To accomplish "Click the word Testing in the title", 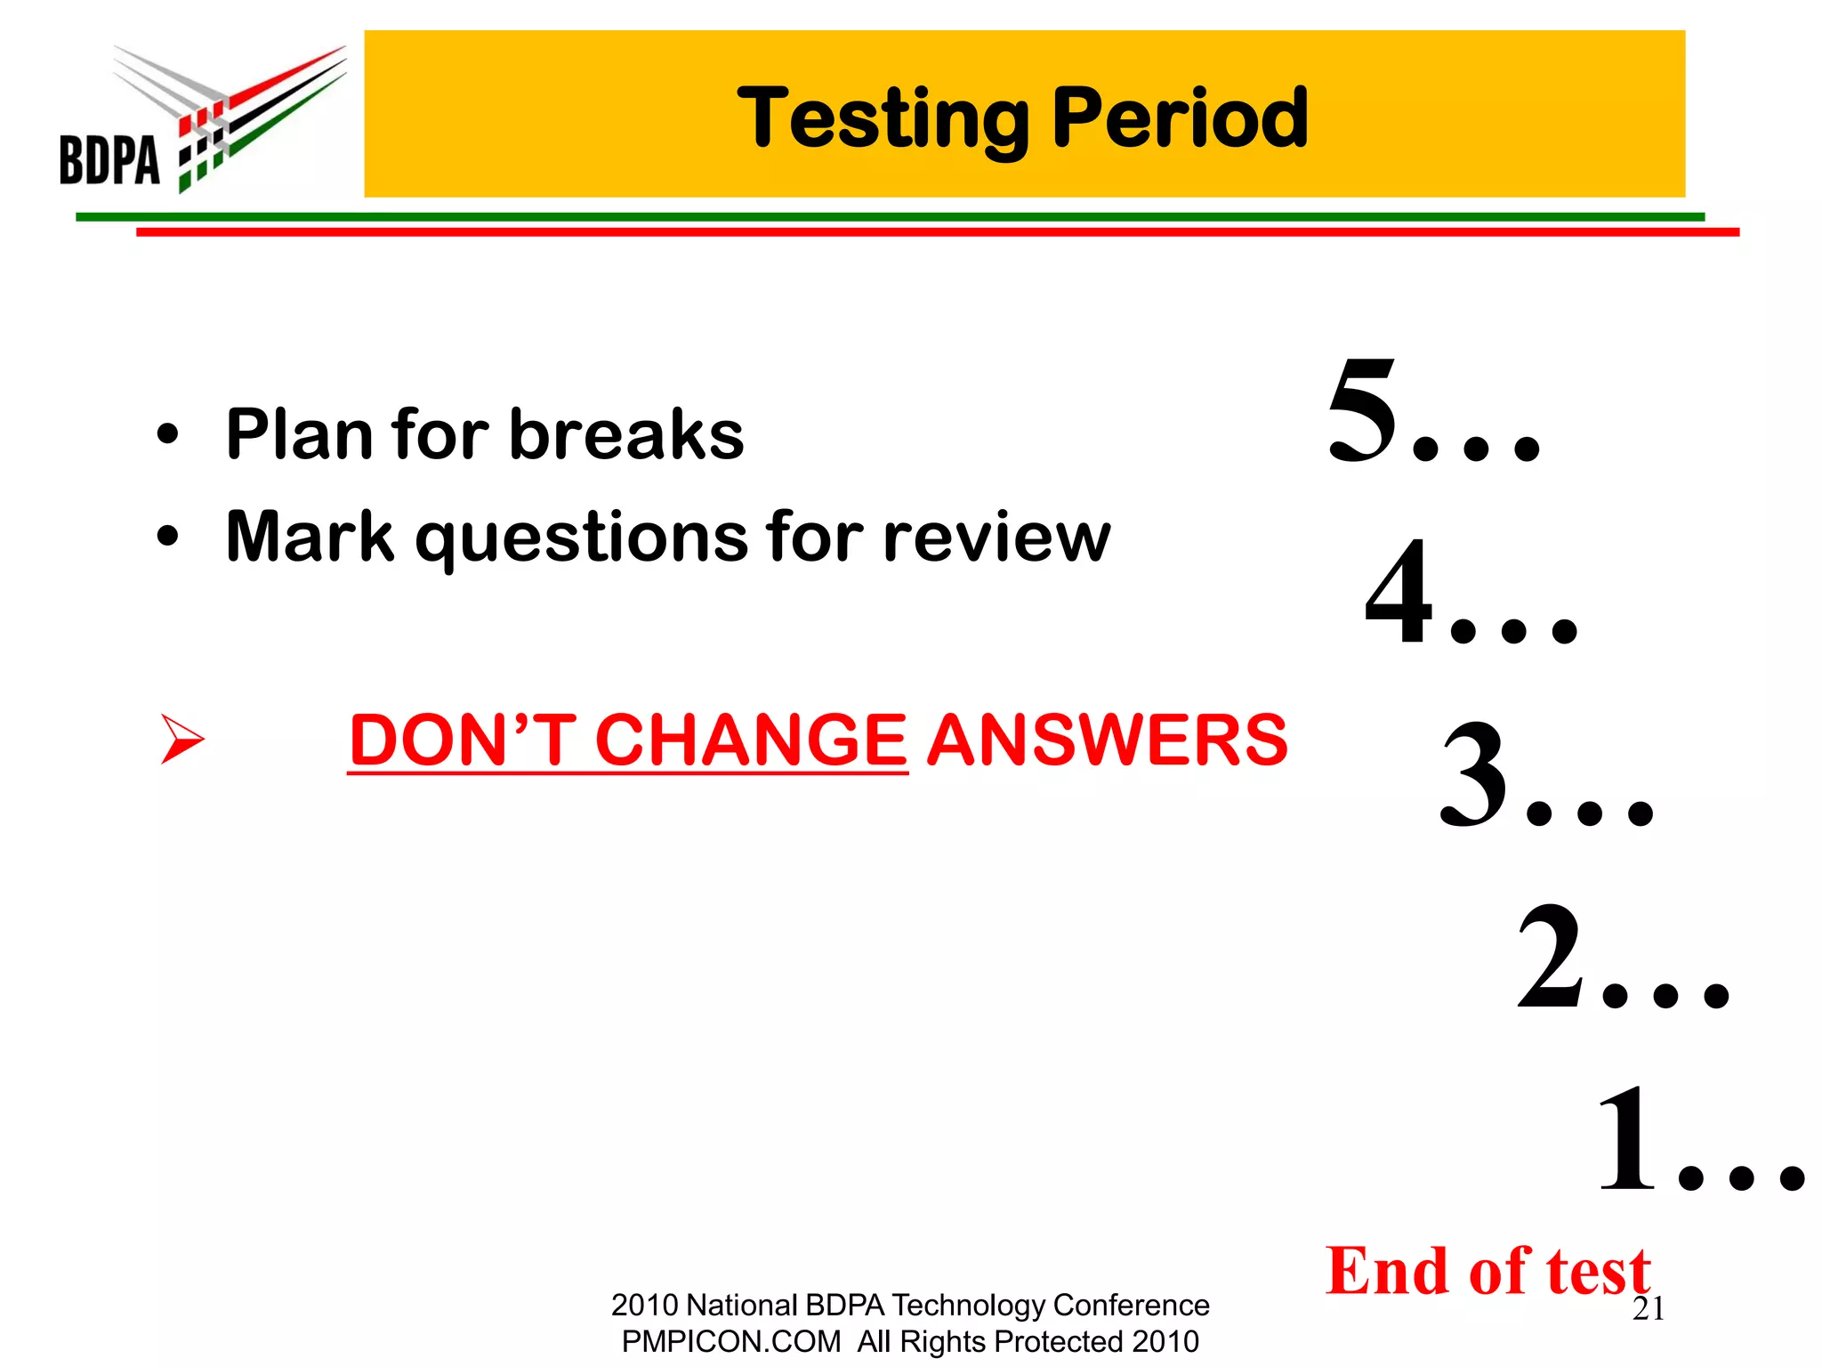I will coord(883,120).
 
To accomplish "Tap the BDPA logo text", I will coord(109,160).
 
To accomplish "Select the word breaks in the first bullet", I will coord(626,434).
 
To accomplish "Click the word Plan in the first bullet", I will coord(299,434).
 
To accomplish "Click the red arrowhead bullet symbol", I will coord(182,739).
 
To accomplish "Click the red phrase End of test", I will coord(1487,1270).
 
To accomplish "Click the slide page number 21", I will coord(1649,1309).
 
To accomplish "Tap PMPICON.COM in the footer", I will coord(730,1341).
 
